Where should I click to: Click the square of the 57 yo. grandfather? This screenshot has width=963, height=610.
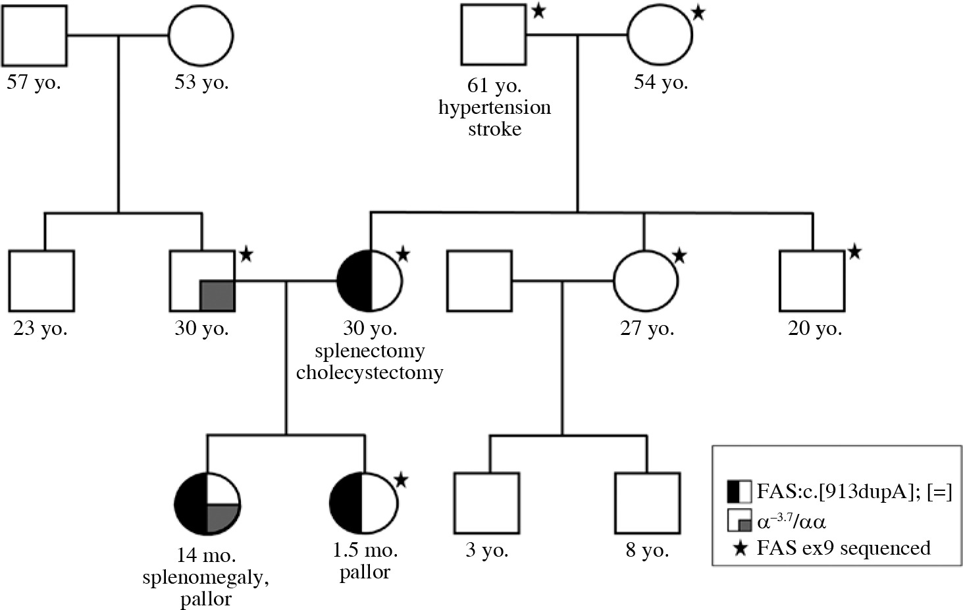34,36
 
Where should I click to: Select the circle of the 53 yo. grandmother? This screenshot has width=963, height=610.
201,36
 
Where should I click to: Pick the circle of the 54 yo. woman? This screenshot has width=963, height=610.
660,36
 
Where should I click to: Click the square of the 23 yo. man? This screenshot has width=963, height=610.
41,281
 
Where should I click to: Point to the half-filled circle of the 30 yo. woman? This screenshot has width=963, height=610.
370,281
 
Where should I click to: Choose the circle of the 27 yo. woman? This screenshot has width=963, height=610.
646,281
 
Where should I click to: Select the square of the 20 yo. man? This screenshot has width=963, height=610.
812,281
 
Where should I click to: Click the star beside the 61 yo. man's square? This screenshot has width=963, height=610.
538,11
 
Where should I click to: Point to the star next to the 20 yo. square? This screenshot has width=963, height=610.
854,251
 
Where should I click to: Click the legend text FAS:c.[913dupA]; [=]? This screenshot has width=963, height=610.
854,491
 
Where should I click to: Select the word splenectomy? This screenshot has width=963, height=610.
369,350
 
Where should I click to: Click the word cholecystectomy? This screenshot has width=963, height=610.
369,372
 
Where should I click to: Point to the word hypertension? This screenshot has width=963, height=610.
494,107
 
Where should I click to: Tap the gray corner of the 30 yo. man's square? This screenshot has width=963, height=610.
217,295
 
